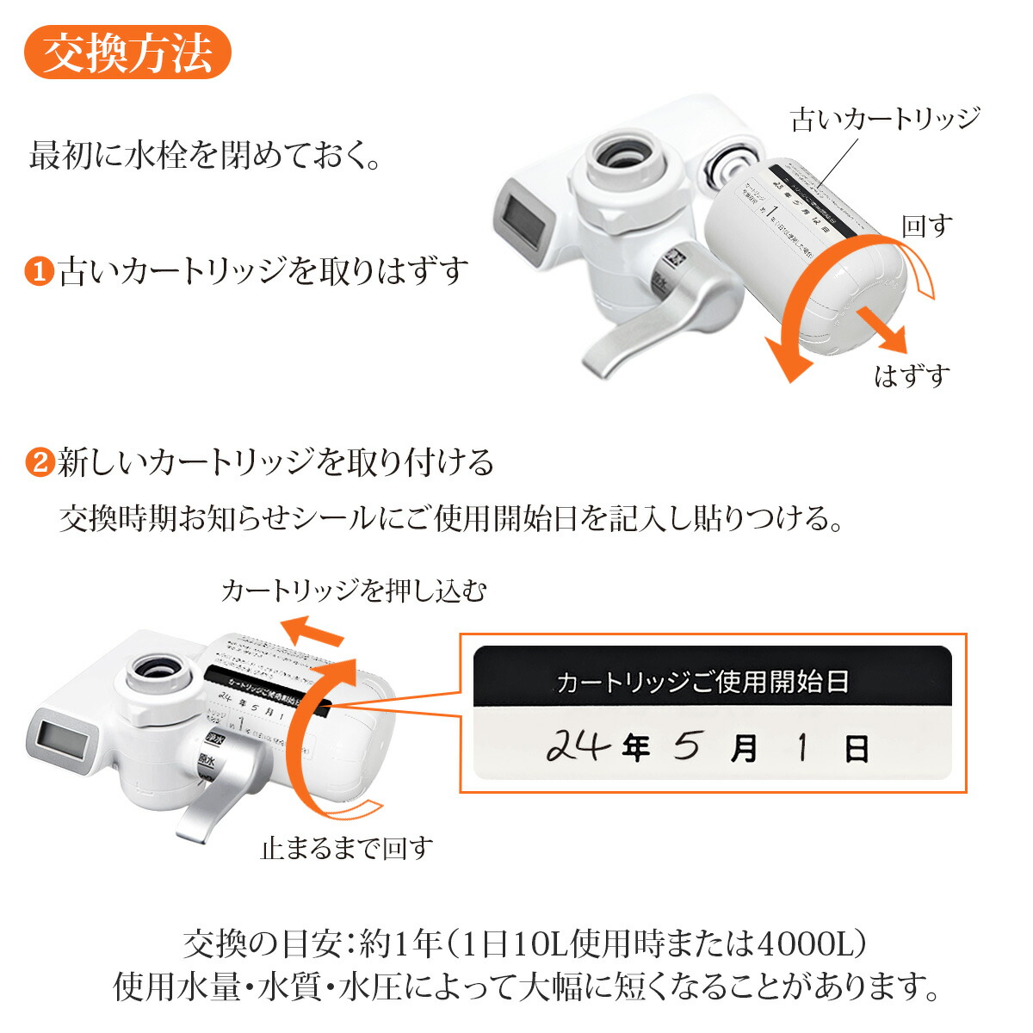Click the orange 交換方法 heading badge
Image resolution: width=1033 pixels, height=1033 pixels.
127,53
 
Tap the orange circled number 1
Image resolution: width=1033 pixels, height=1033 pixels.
39,272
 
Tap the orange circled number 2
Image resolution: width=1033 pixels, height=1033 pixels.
39,463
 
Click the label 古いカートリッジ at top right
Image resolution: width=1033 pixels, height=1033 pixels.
885,119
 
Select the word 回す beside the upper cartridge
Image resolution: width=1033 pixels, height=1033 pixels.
927,226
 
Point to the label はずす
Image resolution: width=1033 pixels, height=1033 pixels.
912,376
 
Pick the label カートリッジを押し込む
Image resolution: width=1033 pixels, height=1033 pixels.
353,591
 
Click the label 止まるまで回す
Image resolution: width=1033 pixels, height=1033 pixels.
346,849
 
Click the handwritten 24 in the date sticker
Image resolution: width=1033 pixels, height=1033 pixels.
578,745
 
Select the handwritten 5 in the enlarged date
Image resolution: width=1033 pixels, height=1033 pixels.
686,745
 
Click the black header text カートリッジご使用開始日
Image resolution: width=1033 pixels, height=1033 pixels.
702,683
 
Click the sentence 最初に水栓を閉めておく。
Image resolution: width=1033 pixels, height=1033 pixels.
205,158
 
